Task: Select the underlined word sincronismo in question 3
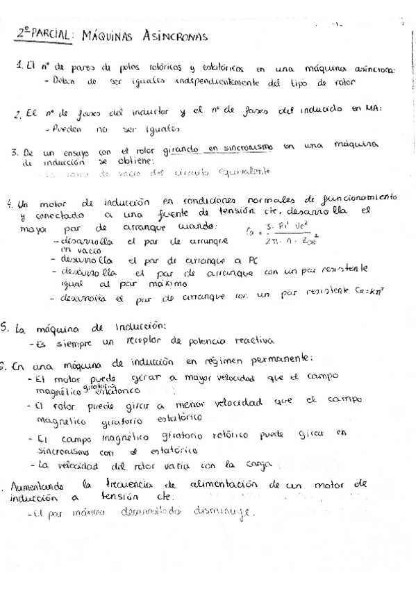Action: point(248,147)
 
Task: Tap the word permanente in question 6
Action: point(282,360)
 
